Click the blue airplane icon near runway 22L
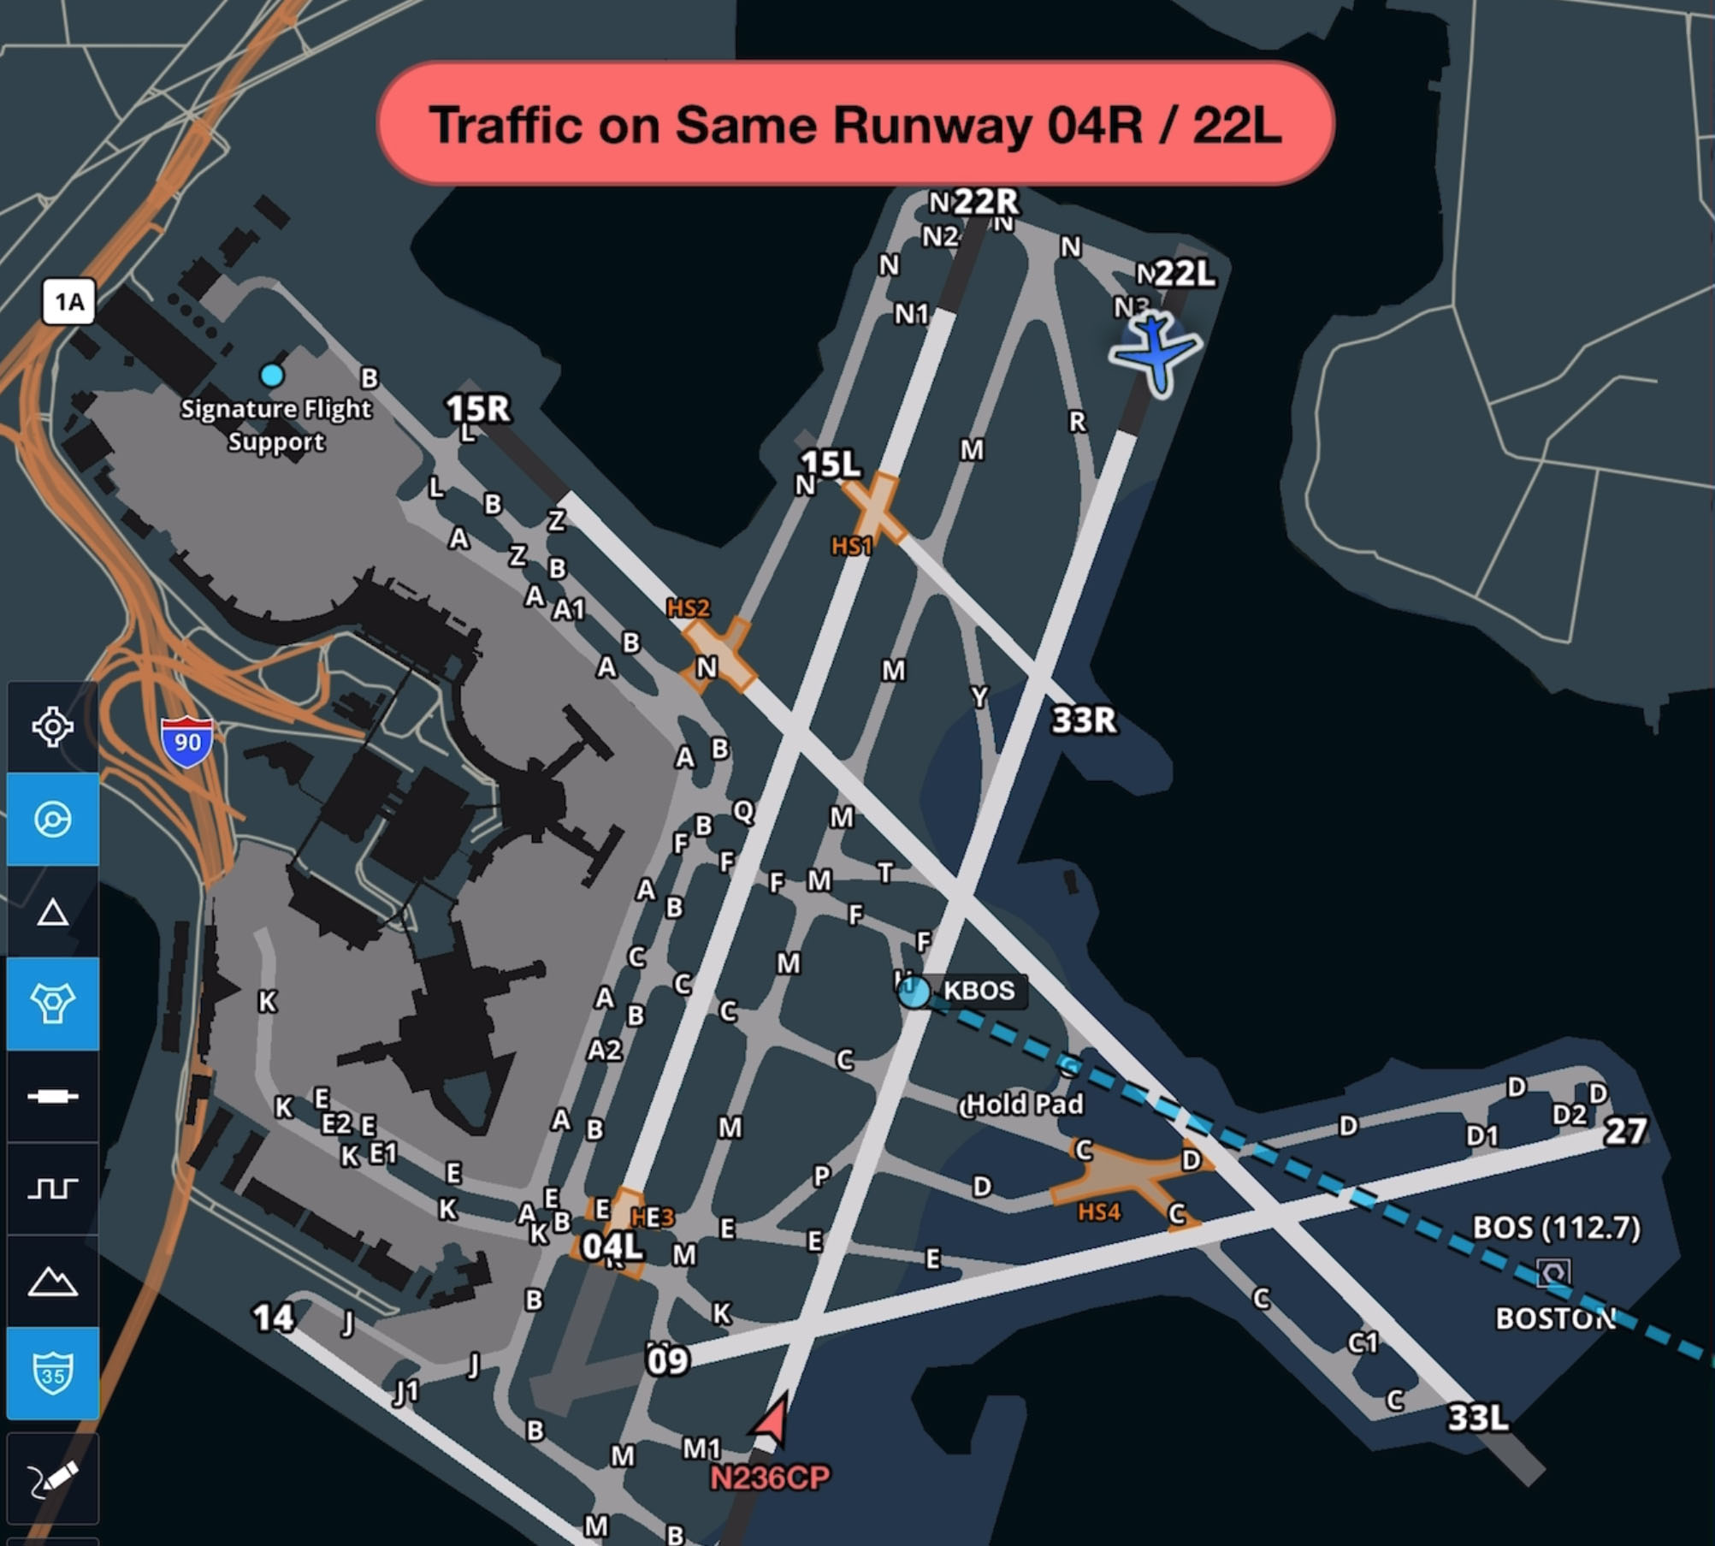pos(1156,352)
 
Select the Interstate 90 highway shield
pos(186,742)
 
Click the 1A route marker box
pos(69,301)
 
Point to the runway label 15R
pos(478,408)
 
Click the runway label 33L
pos(1477,1418)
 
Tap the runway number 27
pos(1625,1131)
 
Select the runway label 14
pos(273,1318)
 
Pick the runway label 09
pos(667,1360)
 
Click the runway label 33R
pos(1084,720)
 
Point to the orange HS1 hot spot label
pos(852,546)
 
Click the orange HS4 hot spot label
pos(1098,1211)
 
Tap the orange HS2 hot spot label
pos(688,608)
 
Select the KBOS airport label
pos(978,991)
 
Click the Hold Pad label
pos(1024,1104)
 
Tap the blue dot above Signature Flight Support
pos(272,375)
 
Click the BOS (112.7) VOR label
pos(1556,1228)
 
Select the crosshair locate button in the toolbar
pos(53,727)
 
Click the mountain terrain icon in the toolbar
pos(53,1281)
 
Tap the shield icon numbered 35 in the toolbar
pos(53,1373)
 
